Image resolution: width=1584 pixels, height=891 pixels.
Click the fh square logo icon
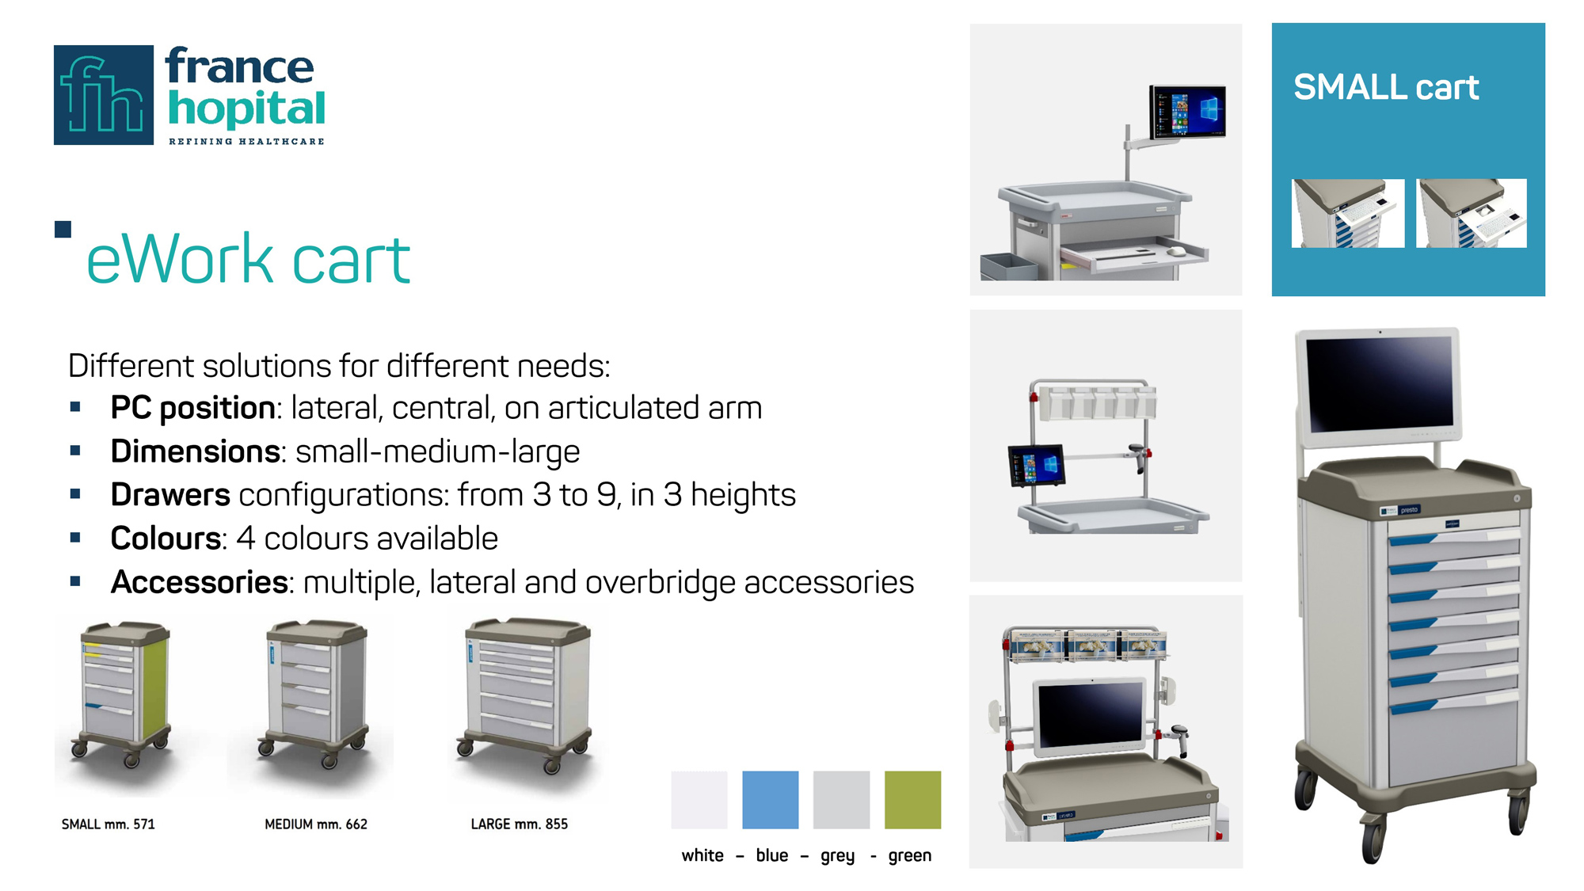pos(104,95)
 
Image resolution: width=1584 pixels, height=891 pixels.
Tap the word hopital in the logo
pos(246,109)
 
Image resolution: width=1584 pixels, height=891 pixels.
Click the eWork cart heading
pos(248,258)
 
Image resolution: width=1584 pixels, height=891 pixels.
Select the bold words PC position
pos(193,409)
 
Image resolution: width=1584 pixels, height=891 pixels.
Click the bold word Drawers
pos(170,495)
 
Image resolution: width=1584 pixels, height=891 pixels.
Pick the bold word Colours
pos(166,539)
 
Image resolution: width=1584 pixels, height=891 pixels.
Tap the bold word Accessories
pos(200,582)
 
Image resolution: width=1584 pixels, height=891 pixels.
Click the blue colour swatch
pos(771,800)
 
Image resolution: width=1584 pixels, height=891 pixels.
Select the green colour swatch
pos(912,800)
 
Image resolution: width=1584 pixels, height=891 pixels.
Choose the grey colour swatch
pos(841,800)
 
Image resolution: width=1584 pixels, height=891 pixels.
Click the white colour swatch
pos(699,800)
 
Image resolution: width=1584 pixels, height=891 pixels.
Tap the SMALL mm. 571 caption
pos(109,824)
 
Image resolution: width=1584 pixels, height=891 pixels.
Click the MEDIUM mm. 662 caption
pos(316,824)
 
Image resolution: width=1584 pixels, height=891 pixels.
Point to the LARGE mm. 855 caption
pos(520,824)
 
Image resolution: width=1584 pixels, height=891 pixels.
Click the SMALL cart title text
pos(1386,87)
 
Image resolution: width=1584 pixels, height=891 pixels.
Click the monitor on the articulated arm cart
pos(1187,112)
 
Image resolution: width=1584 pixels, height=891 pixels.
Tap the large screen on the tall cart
pos(1379,386)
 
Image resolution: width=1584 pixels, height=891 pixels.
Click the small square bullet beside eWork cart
pos(63,230)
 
